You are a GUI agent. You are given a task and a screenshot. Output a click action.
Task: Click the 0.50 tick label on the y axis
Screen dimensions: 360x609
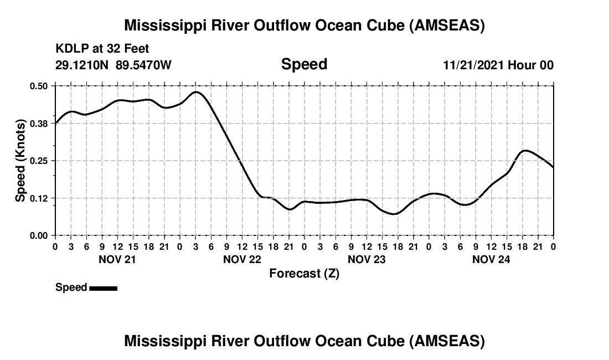(39, 86)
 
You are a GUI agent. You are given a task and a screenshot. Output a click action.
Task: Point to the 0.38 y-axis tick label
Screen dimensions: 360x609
(39, 124)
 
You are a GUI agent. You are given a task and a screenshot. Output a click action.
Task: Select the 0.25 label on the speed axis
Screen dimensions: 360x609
(39, 161)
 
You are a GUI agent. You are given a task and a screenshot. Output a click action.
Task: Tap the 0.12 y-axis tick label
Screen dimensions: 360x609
(39, 198)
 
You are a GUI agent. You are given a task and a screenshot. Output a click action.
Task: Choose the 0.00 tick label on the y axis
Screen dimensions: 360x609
(39, 235)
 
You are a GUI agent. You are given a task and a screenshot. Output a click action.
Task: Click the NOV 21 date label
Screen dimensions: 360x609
(117, 259)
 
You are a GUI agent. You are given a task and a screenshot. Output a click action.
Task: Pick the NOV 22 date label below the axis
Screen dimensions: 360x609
(241, 259)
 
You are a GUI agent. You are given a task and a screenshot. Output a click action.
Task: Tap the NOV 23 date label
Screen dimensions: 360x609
(366, 259)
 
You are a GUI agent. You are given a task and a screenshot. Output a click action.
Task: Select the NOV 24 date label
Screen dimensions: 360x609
(491, 259)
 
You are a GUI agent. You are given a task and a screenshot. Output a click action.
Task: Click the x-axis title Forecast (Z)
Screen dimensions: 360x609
(304, 274)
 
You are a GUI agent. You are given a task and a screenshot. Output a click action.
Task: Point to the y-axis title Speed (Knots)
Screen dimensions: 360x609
(20, 161)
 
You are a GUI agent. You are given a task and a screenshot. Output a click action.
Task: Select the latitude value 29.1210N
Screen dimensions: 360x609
(82, 65)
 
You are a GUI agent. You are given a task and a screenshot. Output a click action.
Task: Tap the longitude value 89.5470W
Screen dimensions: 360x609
(144, 65)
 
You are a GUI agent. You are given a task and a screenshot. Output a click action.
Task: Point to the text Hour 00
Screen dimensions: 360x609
(531, 65)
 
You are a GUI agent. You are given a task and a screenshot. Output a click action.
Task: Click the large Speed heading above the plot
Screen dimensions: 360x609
(304, 64)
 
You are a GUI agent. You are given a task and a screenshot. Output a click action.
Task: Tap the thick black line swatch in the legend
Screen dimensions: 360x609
(103, 288)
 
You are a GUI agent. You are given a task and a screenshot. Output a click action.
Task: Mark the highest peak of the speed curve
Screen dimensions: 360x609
(196, 92)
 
